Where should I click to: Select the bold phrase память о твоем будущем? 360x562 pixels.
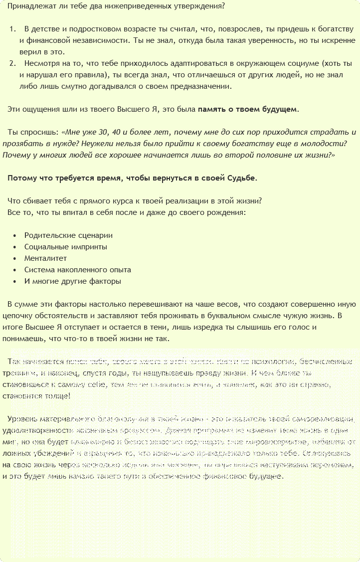point(248,109)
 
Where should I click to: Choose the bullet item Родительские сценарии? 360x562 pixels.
point(68,235)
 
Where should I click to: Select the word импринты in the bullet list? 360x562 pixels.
point(90,247)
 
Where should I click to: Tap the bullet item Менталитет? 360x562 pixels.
point(45,258)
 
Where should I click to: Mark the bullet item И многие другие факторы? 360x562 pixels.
point(72,281)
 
